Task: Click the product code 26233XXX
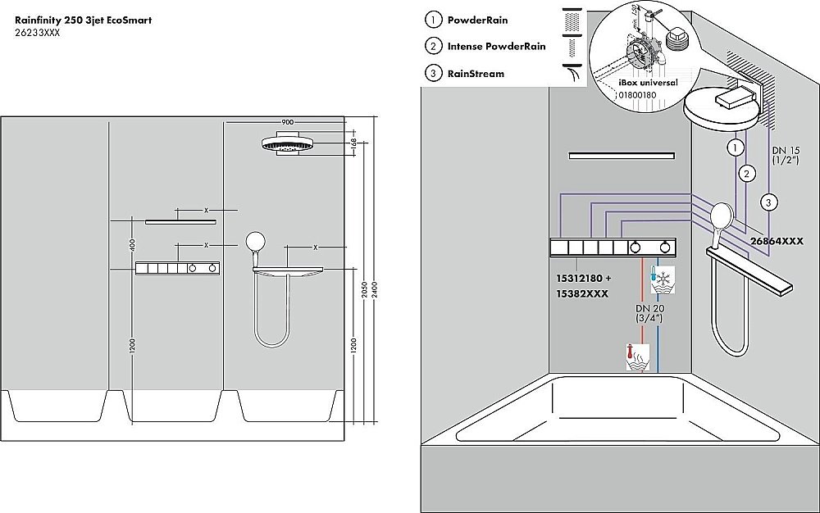[x=38, y=33]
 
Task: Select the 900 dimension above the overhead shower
[x=287, y=122]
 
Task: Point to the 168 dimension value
[x=353, y=143]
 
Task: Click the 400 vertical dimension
[x=131, y=244]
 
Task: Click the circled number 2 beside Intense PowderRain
[x=433, y=47]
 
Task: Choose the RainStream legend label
[x=476, y=74]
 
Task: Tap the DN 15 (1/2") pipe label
[x=785, y=156]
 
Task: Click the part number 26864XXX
[x=777, y=241]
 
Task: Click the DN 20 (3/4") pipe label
[x=649, y=314]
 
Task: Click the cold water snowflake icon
[x=662, y=281]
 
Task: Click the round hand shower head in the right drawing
[x=722, y=216]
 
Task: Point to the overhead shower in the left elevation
[x=288, y=146]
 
